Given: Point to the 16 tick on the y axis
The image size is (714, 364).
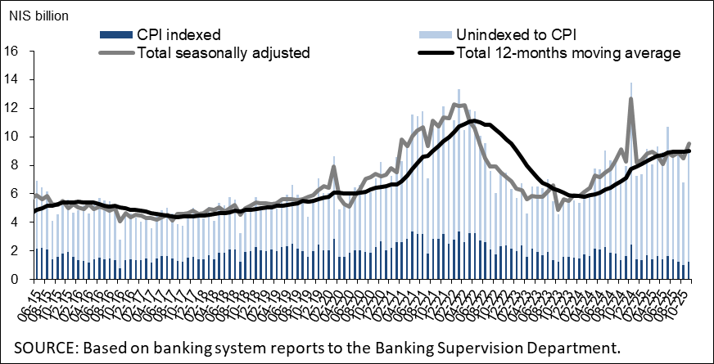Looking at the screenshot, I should click(11, 51).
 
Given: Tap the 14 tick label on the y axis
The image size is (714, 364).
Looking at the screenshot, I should click(11, 79).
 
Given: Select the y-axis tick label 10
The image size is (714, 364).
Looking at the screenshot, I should click(11, 137).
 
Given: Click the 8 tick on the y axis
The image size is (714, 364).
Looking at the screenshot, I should click(15, 165).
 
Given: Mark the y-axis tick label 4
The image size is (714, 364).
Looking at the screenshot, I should click(15, 222).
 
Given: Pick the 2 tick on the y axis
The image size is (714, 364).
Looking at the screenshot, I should click(15, 251).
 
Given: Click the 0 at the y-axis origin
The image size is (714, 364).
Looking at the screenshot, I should click(15, 280).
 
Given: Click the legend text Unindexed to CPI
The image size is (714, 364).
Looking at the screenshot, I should click(517, 34).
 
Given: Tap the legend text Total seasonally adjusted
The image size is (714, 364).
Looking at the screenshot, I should click(224, 53).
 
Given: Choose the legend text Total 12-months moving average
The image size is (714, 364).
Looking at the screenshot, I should click(568, 53).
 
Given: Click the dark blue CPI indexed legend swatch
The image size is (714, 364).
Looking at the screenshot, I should click(115, 35).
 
